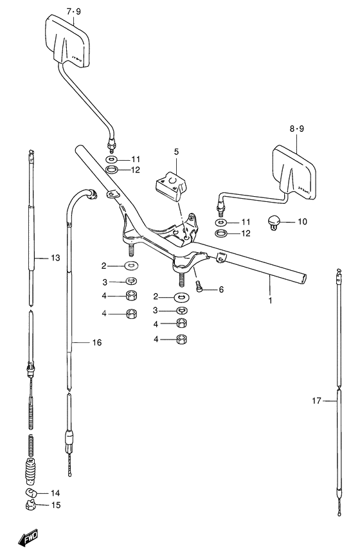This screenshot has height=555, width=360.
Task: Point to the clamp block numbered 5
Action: pyautogui.click(x=172, y=185)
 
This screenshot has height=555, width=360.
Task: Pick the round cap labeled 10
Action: pyautogui.click(x=274, y=223)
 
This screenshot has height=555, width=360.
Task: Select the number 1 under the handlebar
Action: pyautogui.click(x=270, y=300)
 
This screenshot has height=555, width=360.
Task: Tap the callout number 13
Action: pyautogui.click(x=55, y=258)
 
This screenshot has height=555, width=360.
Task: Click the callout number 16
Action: pyautogui.click(x=96, y=343)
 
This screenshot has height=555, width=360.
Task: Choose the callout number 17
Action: pyautogui.click(x=316, y=401)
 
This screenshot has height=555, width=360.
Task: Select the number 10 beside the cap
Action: pyautogui.click(x=302, y=222)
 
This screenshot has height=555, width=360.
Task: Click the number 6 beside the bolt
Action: pyautogui.click(x=221, y=289)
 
